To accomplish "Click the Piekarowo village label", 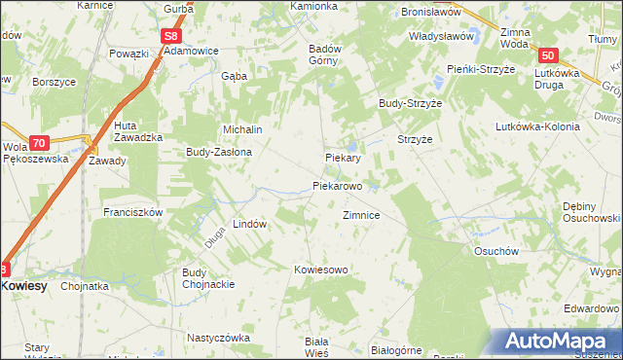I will click(338, 185).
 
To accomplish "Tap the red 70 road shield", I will click(38, 142).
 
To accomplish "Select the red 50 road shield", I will click(549, 57).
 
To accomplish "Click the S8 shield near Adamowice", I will click(171, 36).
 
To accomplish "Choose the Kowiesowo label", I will click(321, 269).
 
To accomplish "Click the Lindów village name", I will click(249, 224).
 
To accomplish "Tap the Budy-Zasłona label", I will click(219, 153).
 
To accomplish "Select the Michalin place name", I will click(243, 128).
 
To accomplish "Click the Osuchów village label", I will click(493, 250).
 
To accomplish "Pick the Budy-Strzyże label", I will click(411, 103).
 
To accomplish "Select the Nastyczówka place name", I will click(219, 338).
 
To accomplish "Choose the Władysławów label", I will click(431, 33).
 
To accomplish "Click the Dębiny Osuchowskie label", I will click(591, 212).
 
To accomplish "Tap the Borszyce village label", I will click(55, 83).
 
